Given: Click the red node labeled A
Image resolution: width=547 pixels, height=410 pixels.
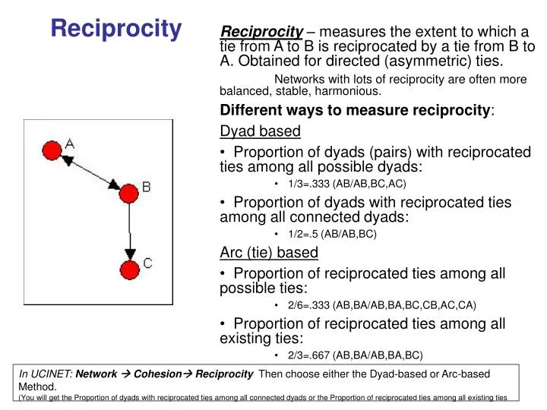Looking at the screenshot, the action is (x=52, y=150).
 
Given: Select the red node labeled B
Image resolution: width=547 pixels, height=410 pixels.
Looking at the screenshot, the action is (x=128, y=194).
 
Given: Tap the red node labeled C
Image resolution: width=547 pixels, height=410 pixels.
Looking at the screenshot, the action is (x=130, y=270).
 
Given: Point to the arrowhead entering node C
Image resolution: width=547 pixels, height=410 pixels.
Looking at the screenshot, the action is (x=130, y=254).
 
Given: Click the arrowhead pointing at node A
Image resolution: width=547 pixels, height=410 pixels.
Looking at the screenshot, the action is (x=68, y=160).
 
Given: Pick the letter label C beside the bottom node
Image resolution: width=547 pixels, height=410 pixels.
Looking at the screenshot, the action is (x=147, y=263).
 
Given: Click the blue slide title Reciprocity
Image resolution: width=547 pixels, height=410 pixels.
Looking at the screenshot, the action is (x=116, y=29).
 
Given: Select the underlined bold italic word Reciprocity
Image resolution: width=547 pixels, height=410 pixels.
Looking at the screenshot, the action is (x=261, y=32).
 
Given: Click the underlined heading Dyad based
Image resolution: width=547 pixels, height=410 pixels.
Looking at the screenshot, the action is (x=261, y=131).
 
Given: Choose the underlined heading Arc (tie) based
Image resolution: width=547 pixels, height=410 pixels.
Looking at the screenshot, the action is (x=269, y=252).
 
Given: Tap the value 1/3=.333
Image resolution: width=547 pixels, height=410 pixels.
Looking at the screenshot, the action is (x=308, y=184).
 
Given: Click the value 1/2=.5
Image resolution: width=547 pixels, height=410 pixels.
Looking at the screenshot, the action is (x=303, y=234).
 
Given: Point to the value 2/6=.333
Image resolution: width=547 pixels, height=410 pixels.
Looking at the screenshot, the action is (x=308, y=305).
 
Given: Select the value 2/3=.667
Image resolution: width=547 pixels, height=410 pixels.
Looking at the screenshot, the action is (x=308, y=355).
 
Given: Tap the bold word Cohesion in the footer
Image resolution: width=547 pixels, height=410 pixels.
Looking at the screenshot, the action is (x=158, y=374).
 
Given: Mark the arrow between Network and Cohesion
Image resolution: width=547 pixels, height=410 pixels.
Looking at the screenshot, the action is (x=125, y=374).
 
